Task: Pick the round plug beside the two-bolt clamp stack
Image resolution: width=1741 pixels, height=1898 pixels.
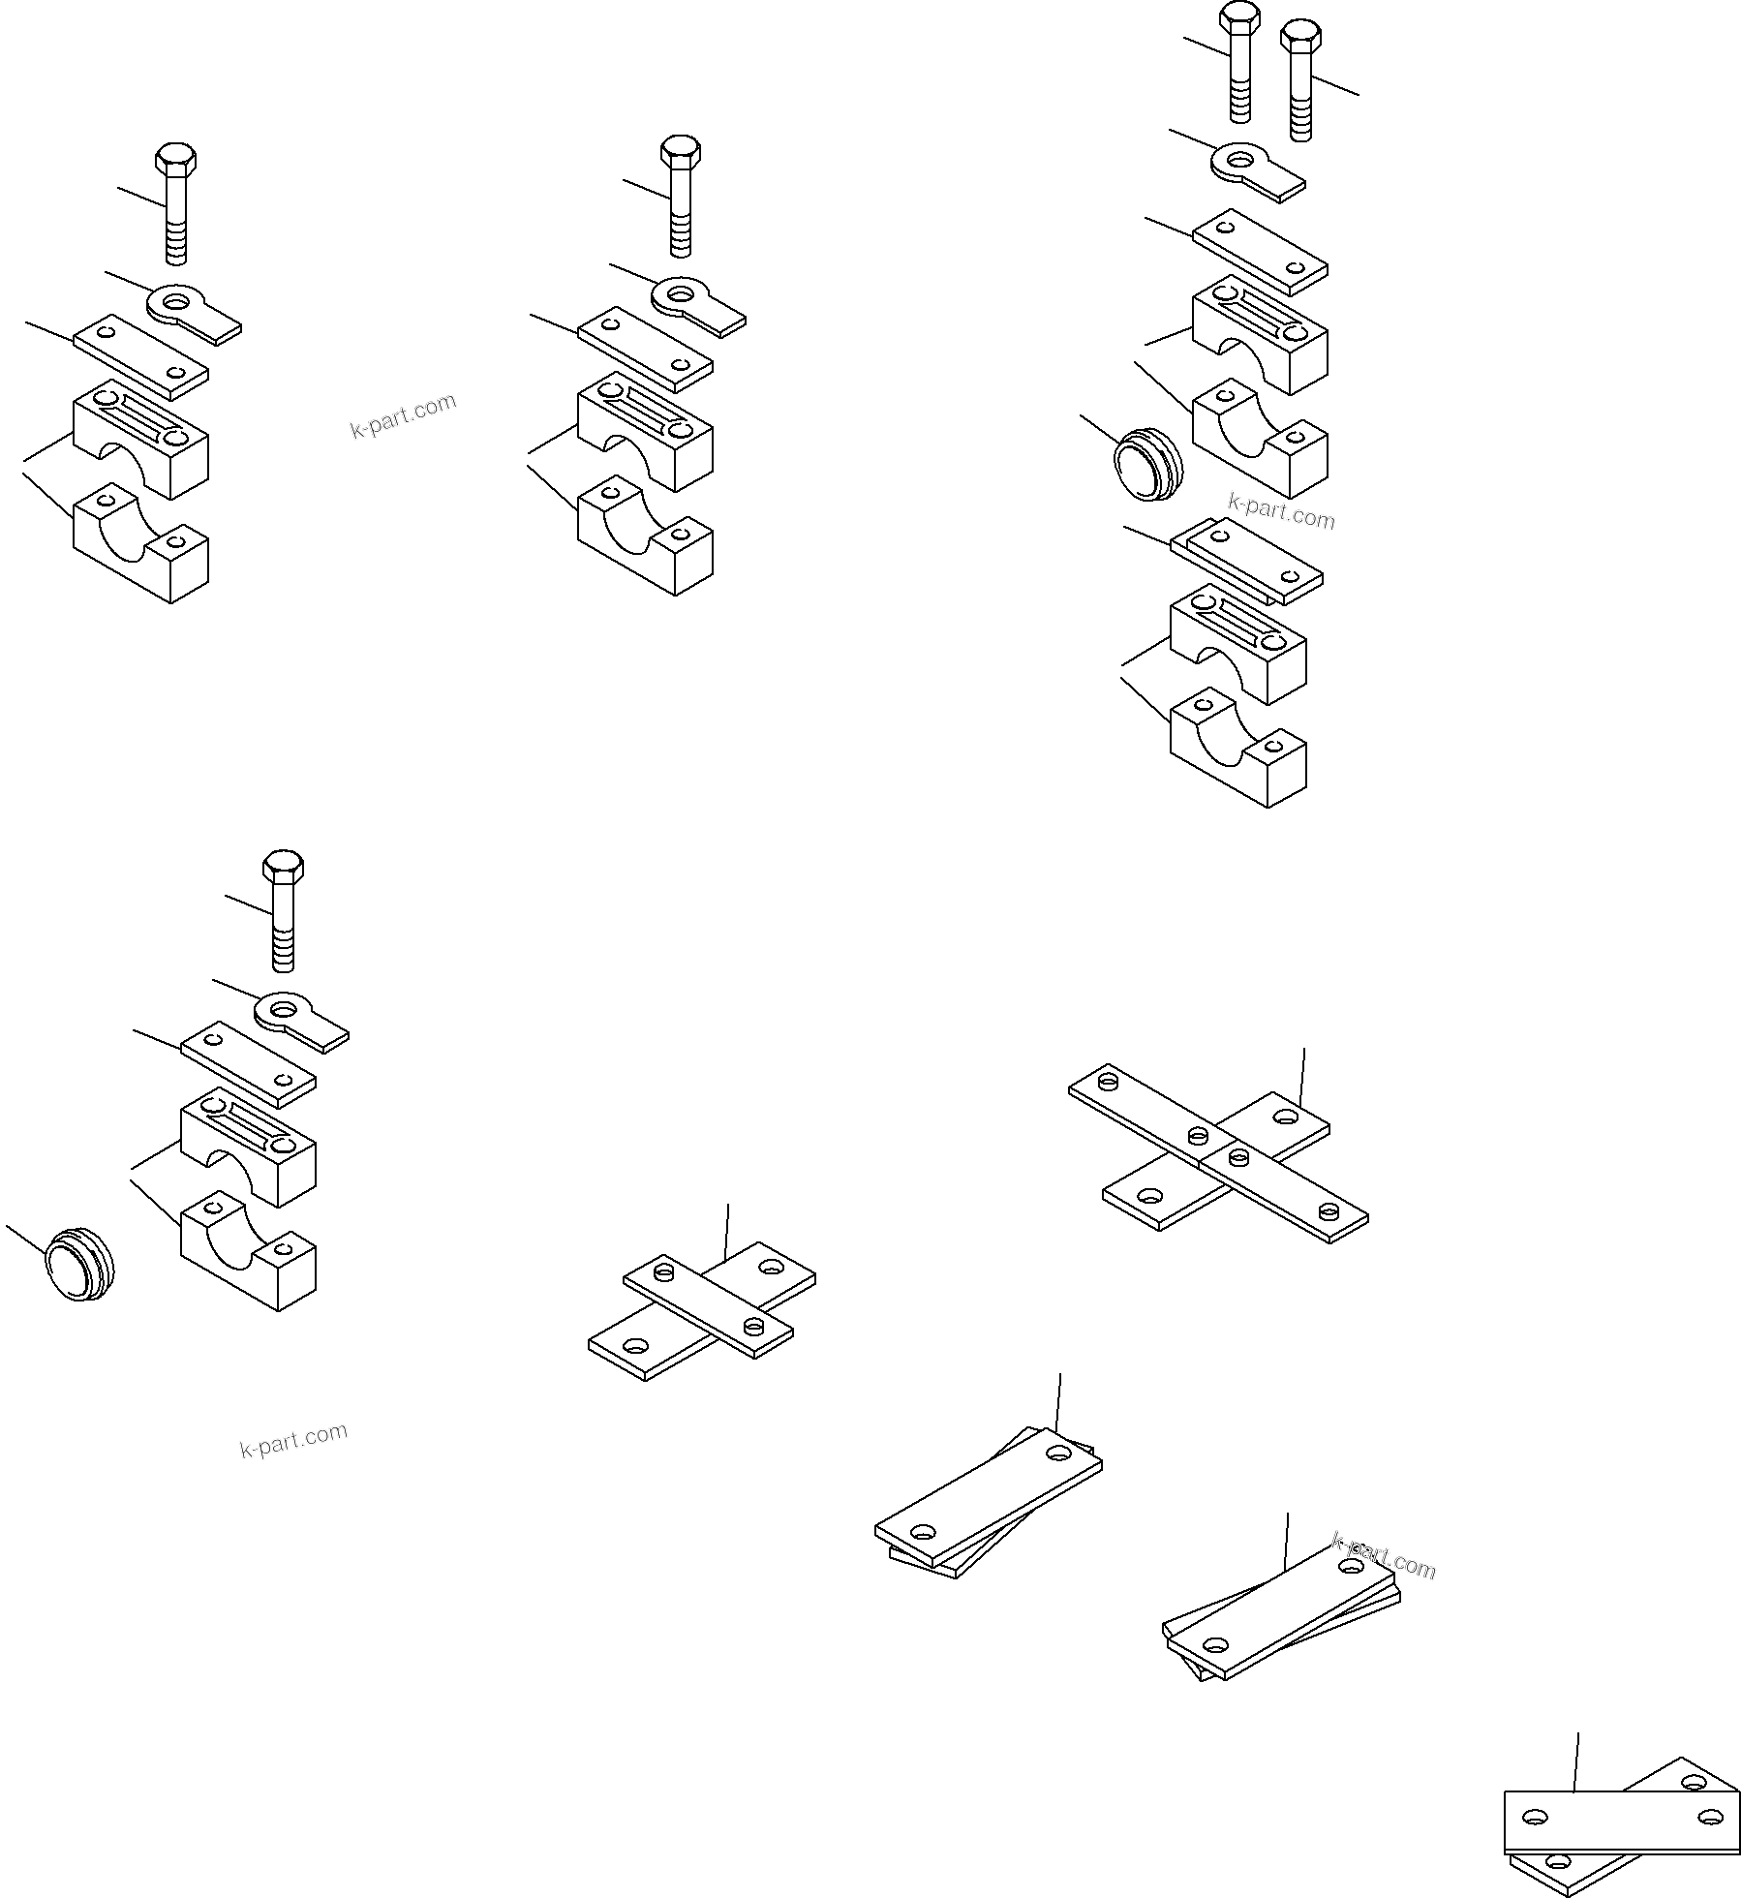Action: pyautogui.click(x=1147, y=467)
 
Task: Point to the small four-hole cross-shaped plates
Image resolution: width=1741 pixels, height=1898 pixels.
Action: pyautogui.click(x=702, y=1310)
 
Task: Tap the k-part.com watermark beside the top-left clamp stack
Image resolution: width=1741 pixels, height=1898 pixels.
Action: pyautogui.click(x=403, y=415)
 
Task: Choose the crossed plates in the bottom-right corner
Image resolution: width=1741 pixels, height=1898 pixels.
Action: pyautogui.click(x=1622, y=1820)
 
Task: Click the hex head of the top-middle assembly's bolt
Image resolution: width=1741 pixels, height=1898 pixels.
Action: pyautogui.click(x=681, y=151)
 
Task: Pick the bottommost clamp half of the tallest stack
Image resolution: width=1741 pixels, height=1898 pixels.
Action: pyautogui.click(x=1238, y=747)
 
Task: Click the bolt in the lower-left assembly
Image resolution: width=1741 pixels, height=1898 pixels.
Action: pyautogui.click(x=284, y=910)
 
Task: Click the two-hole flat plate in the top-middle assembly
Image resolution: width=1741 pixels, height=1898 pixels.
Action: pyautogui.click(x=646, y=350)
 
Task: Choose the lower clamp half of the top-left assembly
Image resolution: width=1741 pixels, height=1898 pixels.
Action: pyautogui.click(x=140, y=543)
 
